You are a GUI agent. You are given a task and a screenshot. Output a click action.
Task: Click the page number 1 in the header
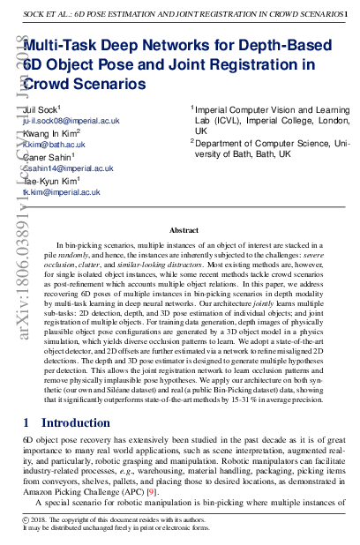pos(344,13)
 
